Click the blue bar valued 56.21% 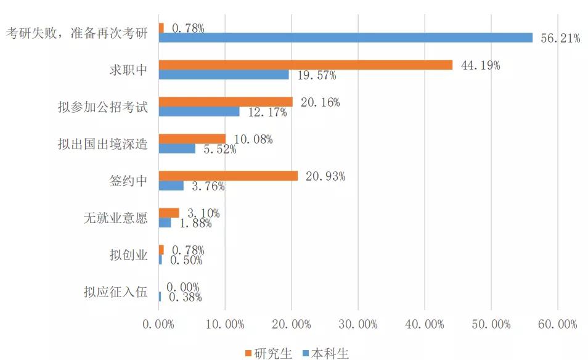(x=345, y=38)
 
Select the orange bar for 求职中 (x=305, y=65)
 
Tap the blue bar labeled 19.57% (x=224, y=75)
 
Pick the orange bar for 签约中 (x=228, y=176)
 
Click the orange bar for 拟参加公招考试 (x=226, y=102)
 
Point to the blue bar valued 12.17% (x=199, y=112)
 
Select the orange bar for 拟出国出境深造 (x=192, y=139)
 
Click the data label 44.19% (x=481, y=65)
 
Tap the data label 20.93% (x=325, y=176)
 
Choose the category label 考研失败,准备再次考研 (x=77, y=33)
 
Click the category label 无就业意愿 (x=116, y=218)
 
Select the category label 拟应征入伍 (x=116, y=292)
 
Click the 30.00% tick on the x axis (x=358, y=324)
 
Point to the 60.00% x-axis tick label (x=557, y=324)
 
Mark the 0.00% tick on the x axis (x=159, y=324)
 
